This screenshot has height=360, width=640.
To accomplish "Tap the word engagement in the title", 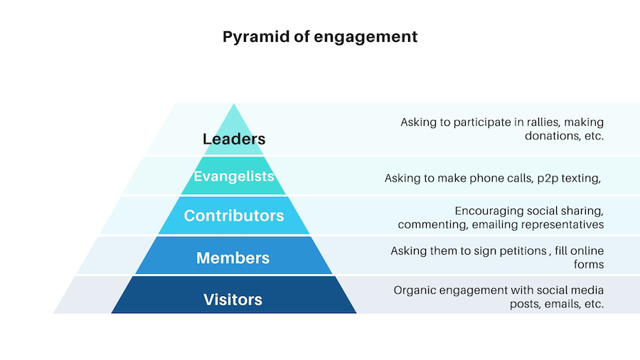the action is pyautogui.click(x=366, y=38).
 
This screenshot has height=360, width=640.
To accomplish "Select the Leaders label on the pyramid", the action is pyautogui.click(x=234, y=139).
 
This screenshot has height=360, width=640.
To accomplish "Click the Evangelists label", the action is pyautogui.click(x=234, y=176).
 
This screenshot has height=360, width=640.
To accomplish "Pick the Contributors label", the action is pyautogui.click(x=234, y=216).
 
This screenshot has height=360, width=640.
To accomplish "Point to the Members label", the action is pyautogui.click(x=233, y=258).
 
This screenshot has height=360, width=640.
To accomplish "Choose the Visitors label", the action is pyautogui.click(x=233, y=300).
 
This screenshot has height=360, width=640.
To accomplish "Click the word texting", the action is pyautogui.click(x=581, y=179).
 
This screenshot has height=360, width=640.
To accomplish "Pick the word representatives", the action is pyautogui.click(x=562, y=225).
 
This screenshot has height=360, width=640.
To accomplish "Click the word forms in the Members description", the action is pyautogui.click(x=589, y=265).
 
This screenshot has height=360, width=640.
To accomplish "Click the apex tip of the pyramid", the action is pyautogui.click(x=234, y=104).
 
